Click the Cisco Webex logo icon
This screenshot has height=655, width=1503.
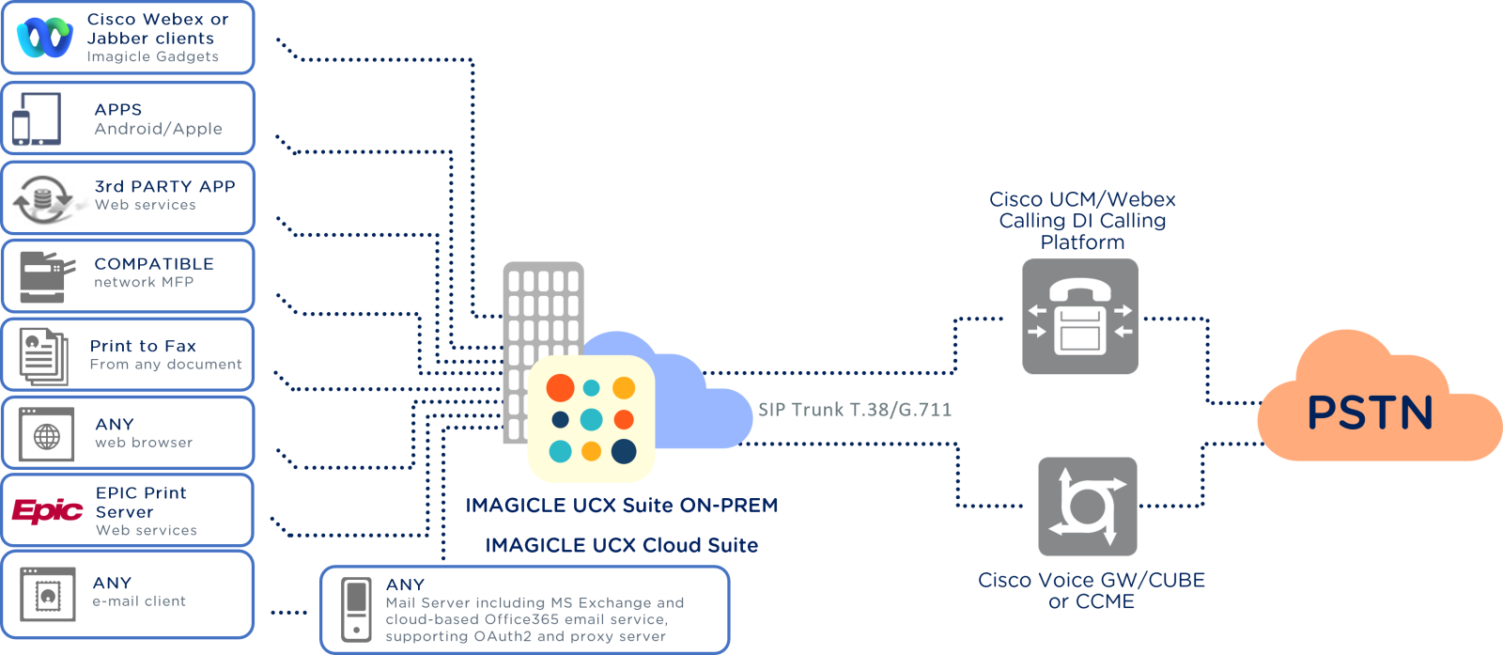[x=44, y=38]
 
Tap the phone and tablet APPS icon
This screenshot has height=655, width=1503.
[x=37, y=119]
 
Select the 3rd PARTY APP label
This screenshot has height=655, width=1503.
[x=164, y=186]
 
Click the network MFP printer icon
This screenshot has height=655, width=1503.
[x=45, y=276]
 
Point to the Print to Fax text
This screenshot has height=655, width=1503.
[x=143, y=346]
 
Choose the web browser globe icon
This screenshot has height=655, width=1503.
[x=47, y=435]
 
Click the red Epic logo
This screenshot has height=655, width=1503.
[x=47, y=510]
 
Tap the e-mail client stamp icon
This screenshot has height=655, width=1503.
[x=48, y=595]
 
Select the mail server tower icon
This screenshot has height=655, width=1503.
[x=356, y=610]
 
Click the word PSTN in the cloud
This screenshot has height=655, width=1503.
[x=1371, y=413]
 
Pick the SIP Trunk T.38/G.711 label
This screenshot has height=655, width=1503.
[x=855, y=409]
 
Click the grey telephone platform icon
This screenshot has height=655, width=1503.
[x=1080, y=317]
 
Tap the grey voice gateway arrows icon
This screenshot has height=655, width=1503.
[x=1088, y=507]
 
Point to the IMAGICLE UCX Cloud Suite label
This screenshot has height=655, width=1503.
[x=621, y=545]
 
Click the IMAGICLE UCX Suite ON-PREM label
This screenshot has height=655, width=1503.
[x=622, y=506]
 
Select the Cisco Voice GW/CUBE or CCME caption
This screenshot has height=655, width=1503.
[x=1092, y=591]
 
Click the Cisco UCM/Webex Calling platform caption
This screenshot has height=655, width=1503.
[x=1082, y=221]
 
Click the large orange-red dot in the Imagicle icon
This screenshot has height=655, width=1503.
[x=561, y=387]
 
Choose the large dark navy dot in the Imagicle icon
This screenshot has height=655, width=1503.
[x=624, y=451]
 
